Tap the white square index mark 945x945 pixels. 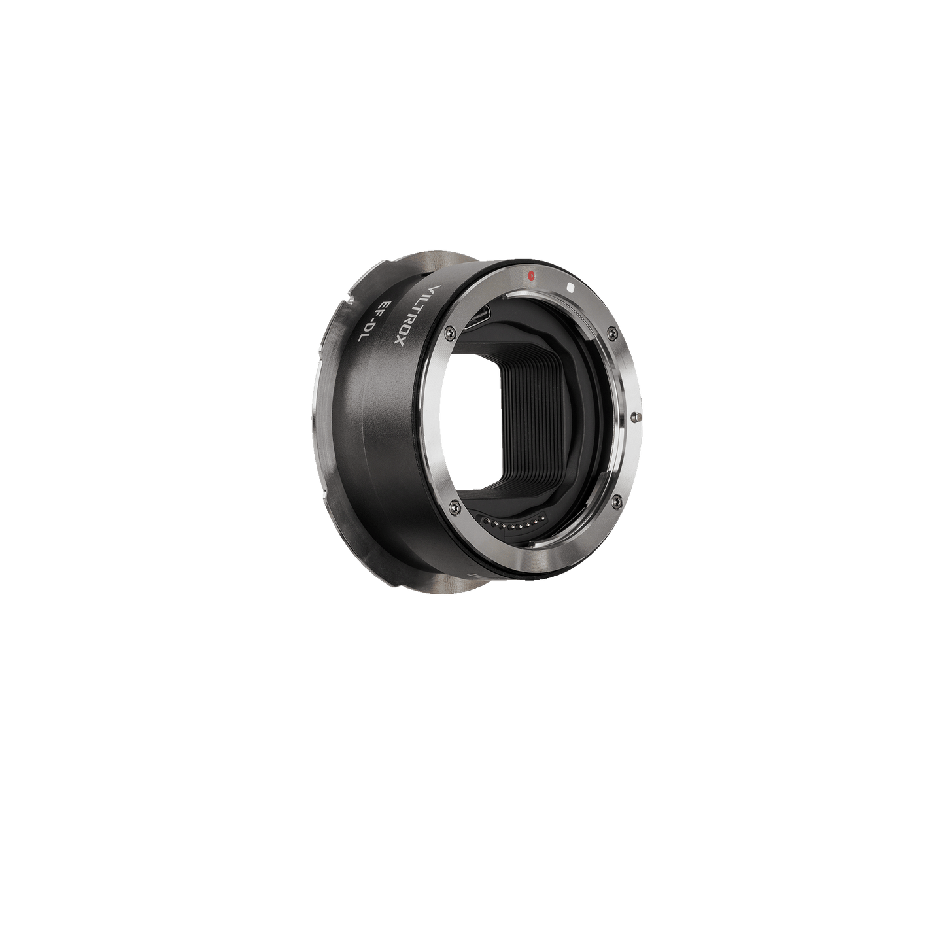[570, 287]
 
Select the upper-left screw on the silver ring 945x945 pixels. [450, 334]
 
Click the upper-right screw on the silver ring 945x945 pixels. [611, 334]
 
